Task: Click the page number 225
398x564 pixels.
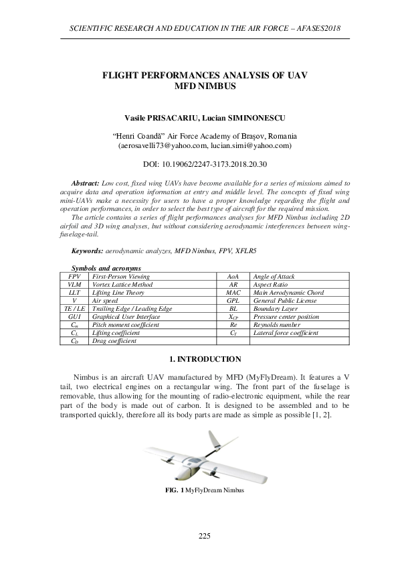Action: click(205, 535)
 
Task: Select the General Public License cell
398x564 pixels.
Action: click(276, 301)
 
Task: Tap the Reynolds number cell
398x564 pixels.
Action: click(269, 324)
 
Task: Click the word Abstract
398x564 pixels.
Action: click(85, 182)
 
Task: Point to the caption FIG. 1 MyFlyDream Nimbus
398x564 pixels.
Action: click(204, 490)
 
